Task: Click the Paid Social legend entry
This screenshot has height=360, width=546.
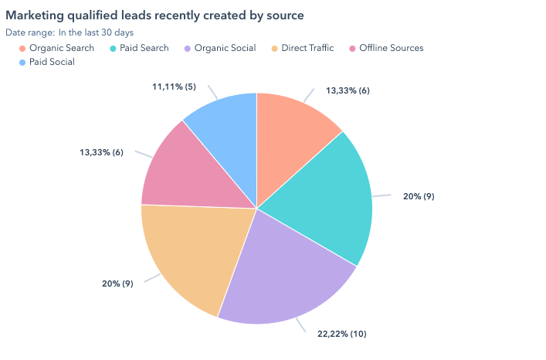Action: tap(52, 62)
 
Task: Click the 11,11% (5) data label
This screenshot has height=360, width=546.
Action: tap(175, 87)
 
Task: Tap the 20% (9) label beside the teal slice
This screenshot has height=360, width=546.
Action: tap(419, 196)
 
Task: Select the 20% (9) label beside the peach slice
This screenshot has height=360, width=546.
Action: tap(117, 284)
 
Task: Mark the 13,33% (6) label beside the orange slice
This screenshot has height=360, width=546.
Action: tap(348, 90)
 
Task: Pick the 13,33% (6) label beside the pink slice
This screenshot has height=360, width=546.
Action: tap(101, 152)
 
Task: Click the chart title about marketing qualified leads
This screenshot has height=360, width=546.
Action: tap(154, 15)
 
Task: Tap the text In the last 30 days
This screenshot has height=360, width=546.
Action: tap(96, 32)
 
